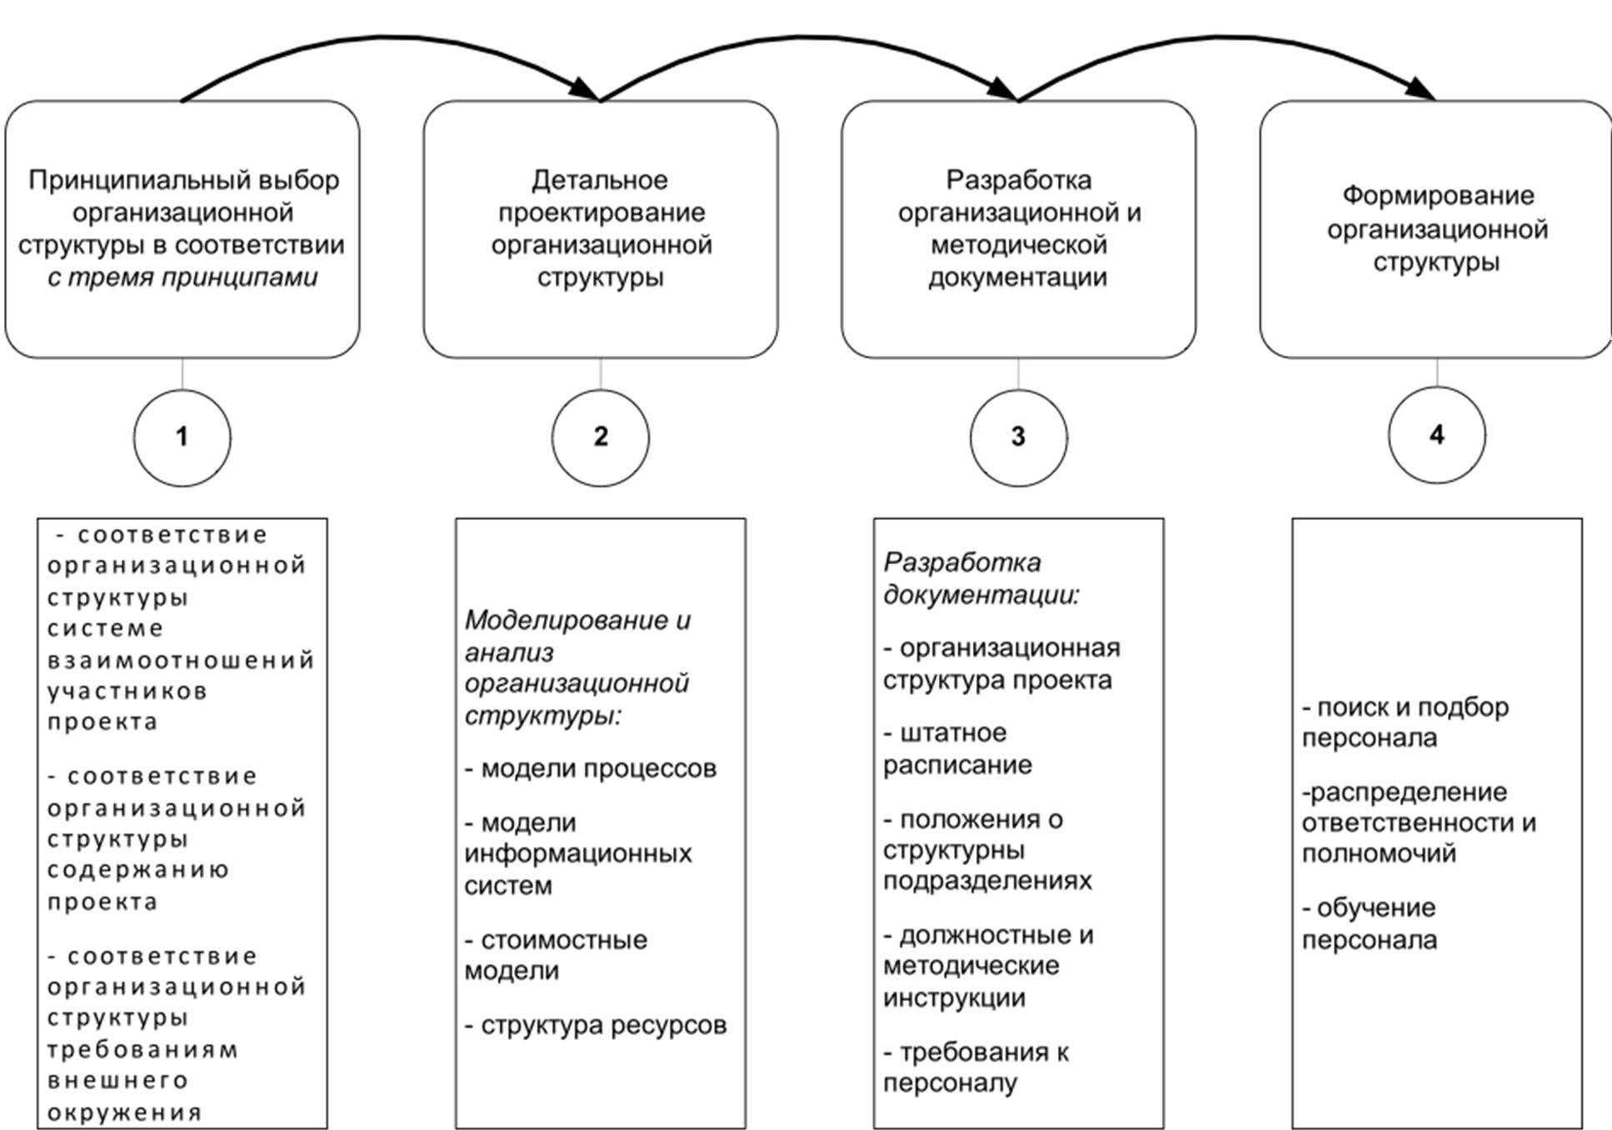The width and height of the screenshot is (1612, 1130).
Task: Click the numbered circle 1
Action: [182, 437]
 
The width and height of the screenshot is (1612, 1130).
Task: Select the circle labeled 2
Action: [600, 437]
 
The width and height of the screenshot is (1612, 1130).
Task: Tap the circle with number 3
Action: [1018, 437]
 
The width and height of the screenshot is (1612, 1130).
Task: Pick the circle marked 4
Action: [1436, 435]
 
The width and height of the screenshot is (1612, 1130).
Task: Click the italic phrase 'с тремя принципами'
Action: [182, 277]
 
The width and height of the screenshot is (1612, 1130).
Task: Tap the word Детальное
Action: [600, 180]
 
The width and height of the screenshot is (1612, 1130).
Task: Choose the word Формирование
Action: [1438, 196]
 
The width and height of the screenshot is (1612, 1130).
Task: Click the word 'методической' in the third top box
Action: [1018, 245]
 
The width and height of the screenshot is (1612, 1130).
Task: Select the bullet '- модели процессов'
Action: [591, 768]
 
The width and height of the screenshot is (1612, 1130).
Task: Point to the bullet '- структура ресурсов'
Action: [596, 1026]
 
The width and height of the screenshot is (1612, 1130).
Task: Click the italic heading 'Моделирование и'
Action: [577, 620]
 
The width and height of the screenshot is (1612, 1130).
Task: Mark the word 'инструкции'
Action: [954, 997]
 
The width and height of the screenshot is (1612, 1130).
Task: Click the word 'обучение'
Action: [1376, 907]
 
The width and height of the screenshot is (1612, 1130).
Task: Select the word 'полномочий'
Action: [1379, 854]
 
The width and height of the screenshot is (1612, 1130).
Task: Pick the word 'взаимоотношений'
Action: [181, 661]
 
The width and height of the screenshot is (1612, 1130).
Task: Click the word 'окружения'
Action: [125, 1112]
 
